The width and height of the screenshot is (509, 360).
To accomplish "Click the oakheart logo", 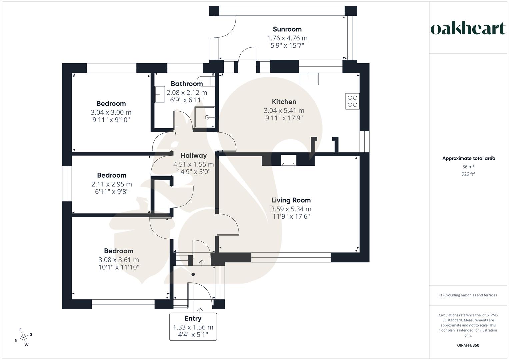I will coord(468,29).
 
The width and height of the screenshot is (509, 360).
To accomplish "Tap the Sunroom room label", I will coord(287,29).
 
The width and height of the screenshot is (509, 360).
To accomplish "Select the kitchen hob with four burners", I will coord(353,101).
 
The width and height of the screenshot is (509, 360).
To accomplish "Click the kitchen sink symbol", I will coord(309,79).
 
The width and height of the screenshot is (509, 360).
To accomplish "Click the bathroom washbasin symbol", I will coord(160,95).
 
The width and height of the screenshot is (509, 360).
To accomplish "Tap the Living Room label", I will coord(291,200).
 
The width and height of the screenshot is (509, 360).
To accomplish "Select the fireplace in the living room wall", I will coord(288,160).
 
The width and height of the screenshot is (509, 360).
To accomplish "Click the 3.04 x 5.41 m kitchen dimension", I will coord(284,110).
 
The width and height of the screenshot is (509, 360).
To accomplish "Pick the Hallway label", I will coord(194,155).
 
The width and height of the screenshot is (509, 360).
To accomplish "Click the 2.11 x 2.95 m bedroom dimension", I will coord(112,184).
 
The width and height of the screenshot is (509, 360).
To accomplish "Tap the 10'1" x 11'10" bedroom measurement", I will coord(119,267).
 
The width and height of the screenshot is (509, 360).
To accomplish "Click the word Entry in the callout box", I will coord(193,318).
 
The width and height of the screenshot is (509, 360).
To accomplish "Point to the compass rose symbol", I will coord(24,338).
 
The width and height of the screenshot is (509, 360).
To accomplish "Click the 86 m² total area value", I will coord(468,167).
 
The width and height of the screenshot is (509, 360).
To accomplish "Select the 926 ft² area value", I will coord(468,174).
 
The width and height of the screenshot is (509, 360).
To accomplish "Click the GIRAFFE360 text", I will coord(468,345).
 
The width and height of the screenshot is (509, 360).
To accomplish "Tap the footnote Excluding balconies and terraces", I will coord(468,295).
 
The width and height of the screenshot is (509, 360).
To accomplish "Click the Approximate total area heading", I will coord(468,158).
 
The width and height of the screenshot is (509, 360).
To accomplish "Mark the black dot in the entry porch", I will coord(193,274).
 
